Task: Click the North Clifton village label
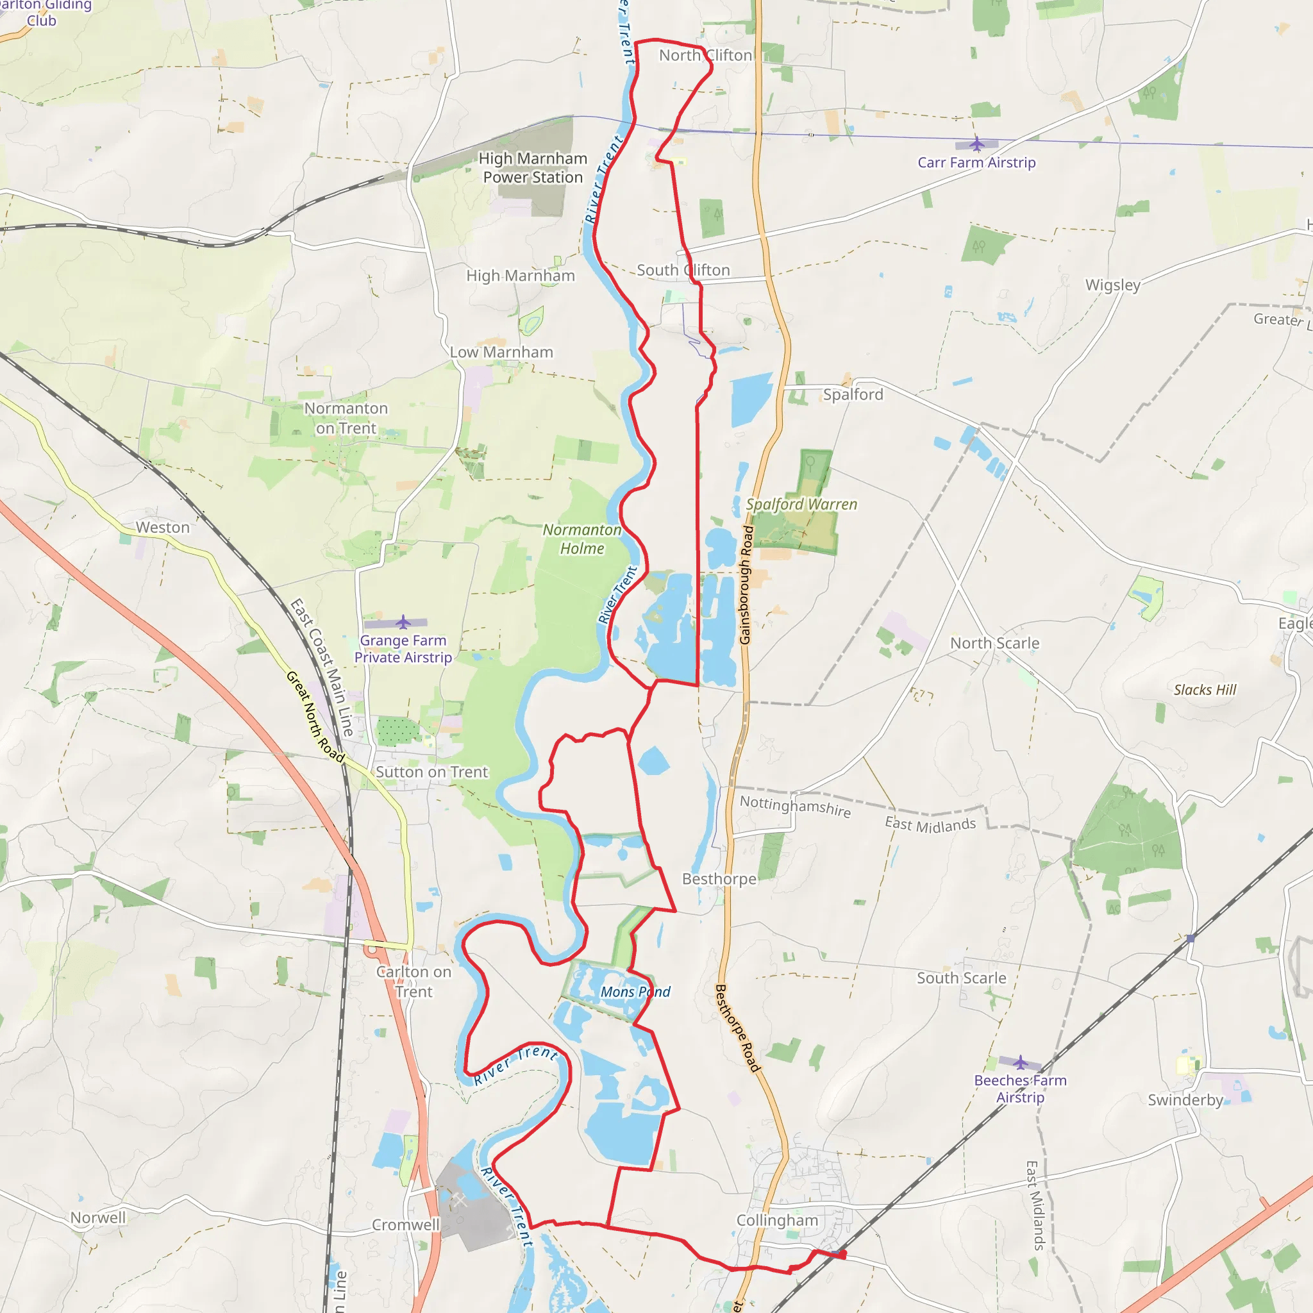[x=705, y=55]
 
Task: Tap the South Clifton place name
[x=683, y=270]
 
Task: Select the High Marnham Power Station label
[x=533, y=168]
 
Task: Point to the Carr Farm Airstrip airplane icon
[x=976, y=144]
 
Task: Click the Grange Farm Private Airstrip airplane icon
[x=403, y=622]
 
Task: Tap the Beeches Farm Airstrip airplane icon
[x=1020, y=1062]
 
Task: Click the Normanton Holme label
[x=581, y=539]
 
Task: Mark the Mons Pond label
[x=635, y=992]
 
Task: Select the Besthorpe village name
[x=719, y=879]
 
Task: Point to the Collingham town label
[x=777, y=1220]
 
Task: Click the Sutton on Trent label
[x=431, y=772]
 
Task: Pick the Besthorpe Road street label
[x=737, y=1028]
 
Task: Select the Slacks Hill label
[x=1205, y=690]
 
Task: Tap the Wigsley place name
[x=1112, y=285]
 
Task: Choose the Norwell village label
[x=99, y=1217]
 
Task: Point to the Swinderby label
[x=1185, y=1100]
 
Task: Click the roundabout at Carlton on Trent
[x=372, y=948]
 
